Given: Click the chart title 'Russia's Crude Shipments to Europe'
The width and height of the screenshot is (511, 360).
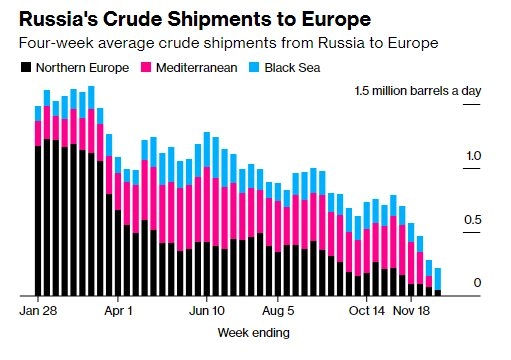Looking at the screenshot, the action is coord(195,19).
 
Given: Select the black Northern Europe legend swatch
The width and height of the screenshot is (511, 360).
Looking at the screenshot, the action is coord(26,67).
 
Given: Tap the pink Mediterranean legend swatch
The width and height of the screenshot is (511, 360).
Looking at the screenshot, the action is coord(146,67).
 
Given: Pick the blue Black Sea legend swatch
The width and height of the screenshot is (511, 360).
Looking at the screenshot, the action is coord(254,67).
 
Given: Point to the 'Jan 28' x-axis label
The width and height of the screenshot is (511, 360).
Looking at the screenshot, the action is coord(38,311).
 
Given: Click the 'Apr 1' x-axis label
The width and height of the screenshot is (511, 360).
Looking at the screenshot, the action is coord(118,311).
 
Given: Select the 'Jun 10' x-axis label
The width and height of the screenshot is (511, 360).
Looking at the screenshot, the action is coord(207,311).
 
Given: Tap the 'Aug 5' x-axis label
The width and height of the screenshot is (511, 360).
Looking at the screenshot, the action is coord(278,311).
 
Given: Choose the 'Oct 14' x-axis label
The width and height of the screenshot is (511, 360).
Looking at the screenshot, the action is coord(367,311).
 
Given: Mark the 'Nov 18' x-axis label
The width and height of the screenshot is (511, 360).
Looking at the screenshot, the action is coord(411,311).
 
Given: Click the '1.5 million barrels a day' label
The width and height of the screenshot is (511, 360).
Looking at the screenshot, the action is coord(418,91).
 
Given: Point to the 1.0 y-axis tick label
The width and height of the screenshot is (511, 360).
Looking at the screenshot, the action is coord(473,156).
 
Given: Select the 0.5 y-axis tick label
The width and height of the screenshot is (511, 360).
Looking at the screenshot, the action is coord(472,220).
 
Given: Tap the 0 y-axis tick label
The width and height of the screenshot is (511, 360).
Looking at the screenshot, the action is coord(477,283).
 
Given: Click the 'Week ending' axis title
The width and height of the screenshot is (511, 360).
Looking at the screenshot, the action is coord(254,333).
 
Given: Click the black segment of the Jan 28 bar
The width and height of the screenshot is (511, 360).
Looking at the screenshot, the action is coord(38,221).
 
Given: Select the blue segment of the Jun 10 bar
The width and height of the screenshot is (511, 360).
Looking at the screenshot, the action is coord(207,150).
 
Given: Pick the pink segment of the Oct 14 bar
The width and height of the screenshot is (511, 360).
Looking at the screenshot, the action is coord(367,251).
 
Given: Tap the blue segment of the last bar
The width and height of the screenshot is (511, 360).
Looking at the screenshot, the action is coord(438,279).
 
